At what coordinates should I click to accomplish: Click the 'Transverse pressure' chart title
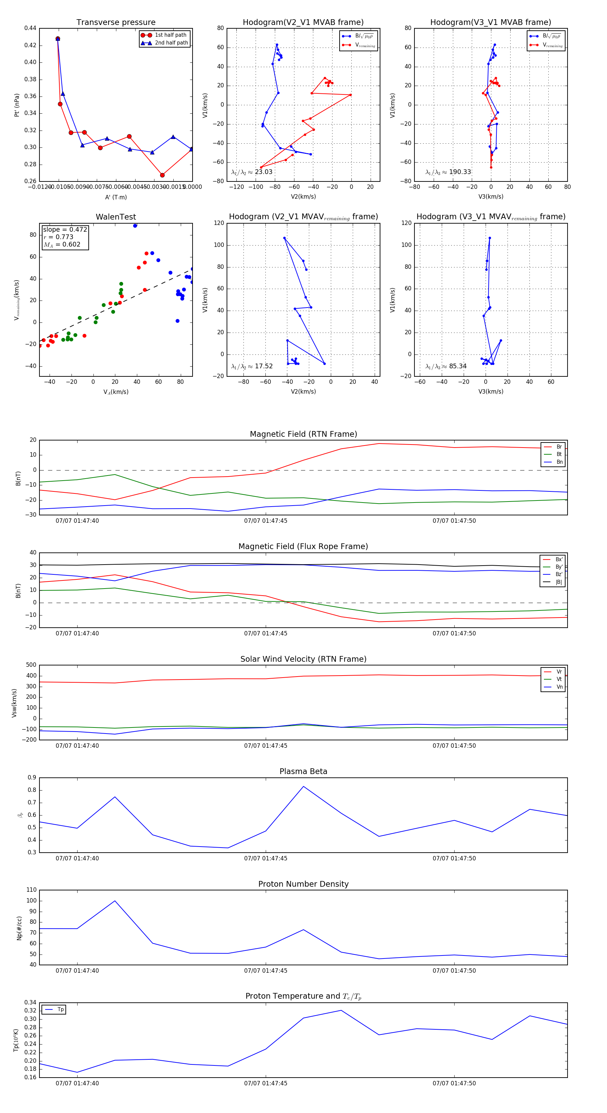(x=116, y=23)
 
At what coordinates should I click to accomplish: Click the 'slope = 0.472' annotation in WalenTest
(x=65, y=229)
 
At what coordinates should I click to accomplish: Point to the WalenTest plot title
(x=116, y=217)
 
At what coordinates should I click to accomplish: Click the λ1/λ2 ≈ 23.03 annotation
(x=252, y=172)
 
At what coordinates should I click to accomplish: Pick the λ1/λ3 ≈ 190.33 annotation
(x=448, y=172)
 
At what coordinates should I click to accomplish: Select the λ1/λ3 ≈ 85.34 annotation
(x=446, y=366)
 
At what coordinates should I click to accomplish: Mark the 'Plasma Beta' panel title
(x=303, y=772)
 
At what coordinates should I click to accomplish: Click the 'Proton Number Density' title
(x=303, y=884)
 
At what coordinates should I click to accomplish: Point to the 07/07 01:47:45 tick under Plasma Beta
(x=266, y=858)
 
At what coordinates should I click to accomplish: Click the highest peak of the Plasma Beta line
(x=303, y=787)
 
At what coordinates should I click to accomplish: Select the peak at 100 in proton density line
(x=115, y=901)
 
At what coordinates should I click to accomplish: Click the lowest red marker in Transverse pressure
(x=162, y=175)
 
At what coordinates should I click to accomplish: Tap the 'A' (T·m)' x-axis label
(x=116, y=197)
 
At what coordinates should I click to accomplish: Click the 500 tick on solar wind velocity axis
(x=31, y=665)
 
